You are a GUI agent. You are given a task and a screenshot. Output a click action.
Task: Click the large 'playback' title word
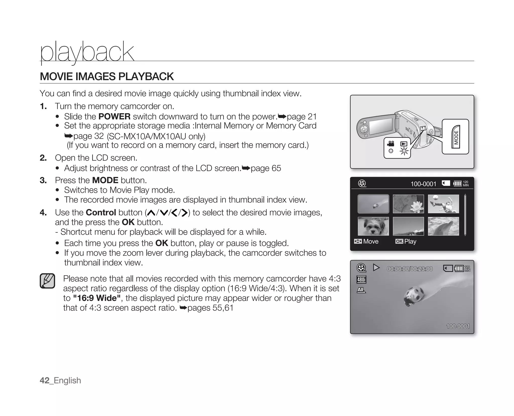pyautogui.click(x=87, y=52)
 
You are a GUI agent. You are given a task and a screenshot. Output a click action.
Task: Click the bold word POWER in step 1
pyautogui.click(x=114, y=117)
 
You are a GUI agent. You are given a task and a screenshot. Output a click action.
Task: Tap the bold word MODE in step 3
pyautogui.click(x=105, y=180)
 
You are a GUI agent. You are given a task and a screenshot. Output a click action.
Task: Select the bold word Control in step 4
pyautogui.click(x=101, y=213)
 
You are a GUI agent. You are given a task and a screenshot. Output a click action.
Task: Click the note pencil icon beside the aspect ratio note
pyautogui.click(x=47, y=281)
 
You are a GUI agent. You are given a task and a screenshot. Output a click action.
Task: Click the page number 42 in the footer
pyautogui.click(x=44, y=380)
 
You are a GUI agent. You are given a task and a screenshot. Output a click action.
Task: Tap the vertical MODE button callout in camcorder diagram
pyautogui.click(x=456, y=137)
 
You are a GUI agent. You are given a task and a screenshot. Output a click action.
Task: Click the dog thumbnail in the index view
pyautogui.click(x=373, y=226)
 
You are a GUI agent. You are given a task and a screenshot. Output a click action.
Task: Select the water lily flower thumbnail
pyautogui.click(x=408, y=204)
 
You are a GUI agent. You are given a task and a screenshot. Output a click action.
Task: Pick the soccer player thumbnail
pyautogui.click(x=443, y=204)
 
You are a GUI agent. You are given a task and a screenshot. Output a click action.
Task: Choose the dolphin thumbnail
pyautogui.click(x=443, y=226)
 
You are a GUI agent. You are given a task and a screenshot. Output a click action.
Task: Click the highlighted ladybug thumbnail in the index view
pyautogui.click(x=373, y=204)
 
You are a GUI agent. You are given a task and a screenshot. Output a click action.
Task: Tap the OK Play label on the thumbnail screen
pyautogui.click(x=406, y=241)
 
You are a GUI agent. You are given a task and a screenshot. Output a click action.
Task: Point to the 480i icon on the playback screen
pyautogui.click(x=361, y=280)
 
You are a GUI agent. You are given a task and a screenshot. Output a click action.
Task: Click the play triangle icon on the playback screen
pyautogui.click(x=376, y=267)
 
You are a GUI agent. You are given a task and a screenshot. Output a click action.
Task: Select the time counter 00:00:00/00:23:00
pyautogui.click(x=410, y=269)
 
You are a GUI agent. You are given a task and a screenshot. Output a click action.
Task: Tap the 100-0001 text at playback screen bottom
pyautogui.click(x=458, y=326)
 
